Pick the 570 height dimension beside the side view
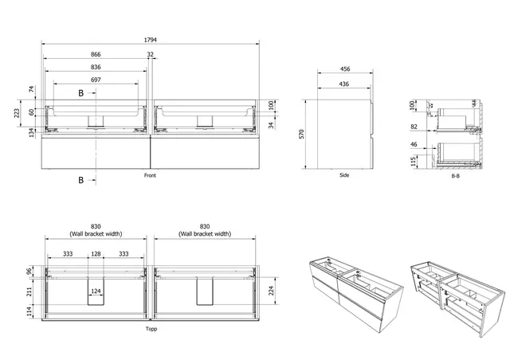302,135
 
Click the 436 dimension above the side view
346,84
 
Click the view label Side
344,175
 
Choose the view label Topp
151,327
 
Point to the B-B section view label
456,175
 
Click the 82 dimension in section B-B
413,127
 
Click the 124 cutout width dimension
96,292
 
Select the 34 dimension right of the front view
273,123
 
